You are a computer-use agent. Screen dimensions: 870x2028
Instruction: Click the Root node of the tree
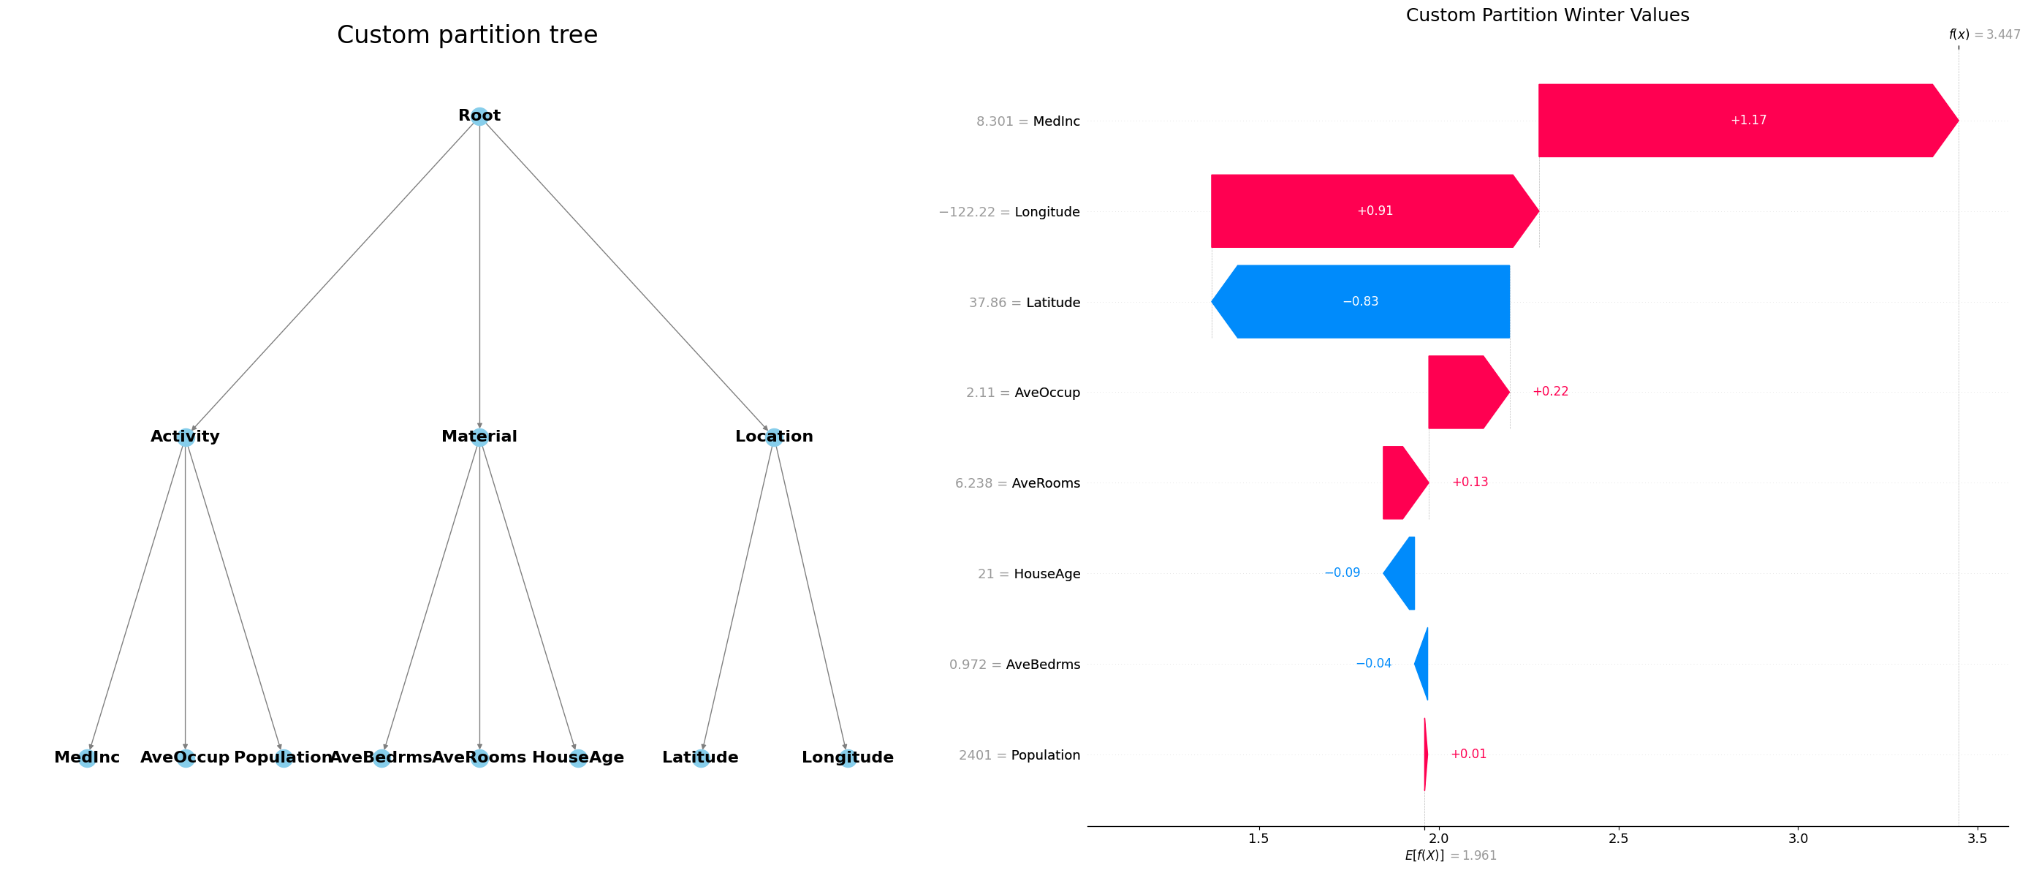(x=479, y=116)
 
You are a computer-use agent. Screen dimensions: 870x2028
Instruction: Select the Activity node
(x=185, y=437)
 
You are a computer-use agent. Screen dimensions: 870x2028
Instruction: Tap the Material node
(x=479, y=437)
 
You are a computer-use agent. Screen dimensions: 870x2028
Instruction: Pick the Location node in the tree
(x=774, y=437)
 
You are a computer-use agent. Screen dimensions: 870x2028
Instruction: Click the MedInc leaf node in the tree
(x=88, y=757)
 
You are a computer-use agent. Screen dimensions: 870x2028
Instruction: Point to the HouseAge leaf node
(x=578, y=757)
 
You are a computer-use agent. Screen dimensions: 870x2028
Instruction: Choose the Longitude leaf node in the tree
(x=847, y=757)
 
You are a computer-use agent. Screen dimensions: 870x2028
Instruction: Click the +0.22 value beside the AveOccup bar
(x=1550, y=391)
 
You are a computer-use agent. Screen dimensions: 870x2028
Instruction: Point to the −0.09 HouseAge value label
(x=1342, y=572)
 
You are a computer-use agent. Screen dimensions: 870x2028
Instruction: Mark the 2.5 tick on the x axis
(x=1618, y=839)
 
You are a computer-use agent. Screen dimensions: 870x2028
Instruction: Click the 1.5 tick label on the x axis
(x=1258, y=839)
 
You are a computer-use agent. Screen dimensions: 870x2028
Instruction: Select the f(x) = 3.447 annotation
(x=1984, y=34)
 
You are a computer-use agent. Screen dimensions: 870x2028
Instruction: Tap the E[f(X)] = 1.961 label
(x=1450, y=855)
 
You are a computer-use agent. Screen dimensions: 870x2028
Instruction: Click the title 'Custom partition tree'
(x=467, y=34)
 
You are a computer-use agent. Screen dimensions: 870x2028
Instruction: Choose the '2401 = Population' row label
(x=1019, y=755)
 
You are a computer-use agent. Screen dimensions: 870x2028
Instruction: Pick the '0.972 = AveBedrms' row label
(x=1014, y=665)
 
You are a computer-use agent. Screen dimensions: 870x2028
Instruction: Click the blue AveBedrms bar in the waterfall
(x=1423, y=664)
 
